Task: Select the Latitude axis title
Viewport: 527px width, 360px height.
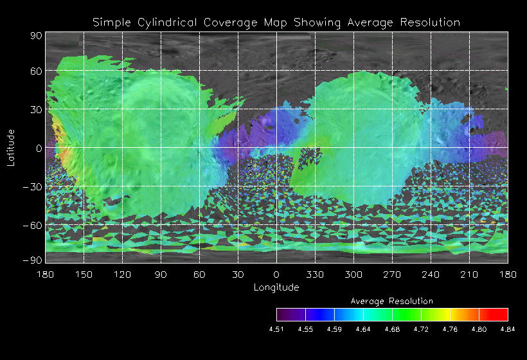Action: click(12, 147)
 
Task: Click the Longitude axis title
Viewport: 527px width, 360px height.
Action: click(276, 287)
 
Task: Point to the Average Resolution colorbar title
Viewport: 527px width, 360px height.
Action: click(392, 301)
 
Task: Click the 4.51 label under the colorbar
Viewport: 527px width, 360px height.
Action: click(276, 328)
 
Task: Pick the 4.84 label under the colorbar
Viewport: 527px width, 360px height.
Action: click(507, 328)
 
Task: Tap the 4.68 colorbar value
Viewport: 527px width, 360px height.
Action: click(391, 328)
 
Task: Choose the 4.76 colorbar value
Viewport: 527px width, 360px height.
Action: click(450, 328)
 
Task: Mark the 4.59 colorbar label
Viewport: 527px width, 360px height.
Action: click(334, 328)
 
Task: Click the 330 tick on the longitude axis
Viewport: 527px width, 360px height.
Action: click(315, 274)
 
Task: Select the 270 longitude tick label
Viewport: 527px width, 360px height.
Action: click(392, 274)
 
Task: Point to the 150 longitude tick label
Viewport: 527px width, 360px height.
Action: click(84, 274)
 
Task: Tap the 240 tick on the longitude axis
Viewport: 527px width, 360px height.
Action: click(431, 274)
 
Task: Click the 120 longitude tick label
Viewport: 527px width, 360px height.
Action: click(122, 274)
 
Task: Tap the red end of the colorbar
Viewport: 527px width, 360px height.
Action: click(500, 314)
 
